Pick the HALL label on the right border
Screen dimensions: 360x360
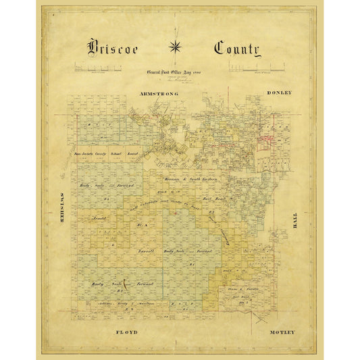pos(294,220)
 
